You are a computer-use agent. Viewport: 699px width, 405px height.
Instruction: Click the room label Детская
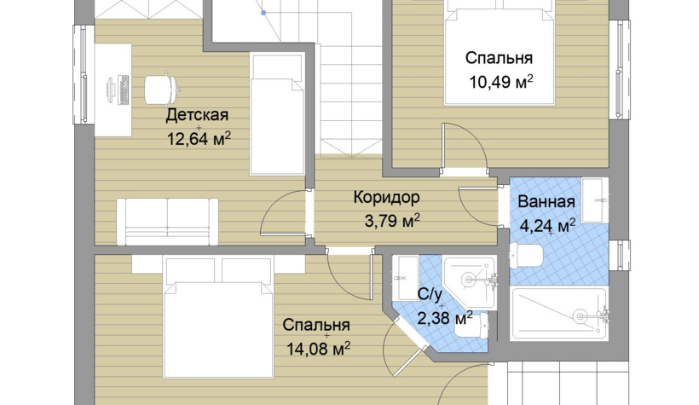click(x=197, y=115)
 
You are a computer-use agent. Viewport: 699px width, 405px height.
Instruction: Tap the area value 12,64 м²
click(x=199, y=139)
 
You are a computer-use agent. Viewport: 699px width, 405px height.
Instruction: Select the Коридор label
click(x=386, y=197)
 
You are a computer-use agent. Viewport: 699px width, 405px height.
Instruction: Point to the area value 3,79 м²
click(x=392, y=220)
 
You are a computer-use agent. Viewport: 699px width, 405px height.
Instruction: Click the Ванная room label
click(x=546, y=201)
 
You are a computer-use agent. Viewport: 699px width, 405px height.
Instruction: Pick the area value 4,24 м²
click(x=547, y=226)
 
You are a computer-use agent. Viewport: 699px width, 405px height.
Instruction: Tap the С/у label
click(x=430, y=294)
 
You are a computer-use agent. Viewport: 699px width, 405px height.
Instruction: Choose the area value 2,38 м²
click(x=445, y=319)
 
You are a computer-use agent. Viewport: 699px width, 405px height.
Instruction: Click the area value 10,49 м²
click(x=501, y=82)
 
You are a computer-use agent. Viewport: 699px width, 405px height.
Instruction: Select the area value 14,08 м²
click(x=318, y=349)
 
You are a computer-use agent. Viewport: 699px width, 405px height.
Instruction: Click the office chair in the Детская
click(x=162, y=90)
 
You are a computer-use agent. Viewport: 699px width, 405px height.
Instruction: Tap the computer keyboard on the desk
click(x=124, y=90)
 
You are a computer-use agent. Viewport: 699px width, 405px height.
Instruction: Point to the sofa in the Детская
click(x=168, y=222)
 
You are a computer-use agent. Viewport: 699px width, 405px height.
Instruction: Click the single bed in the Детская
click(x=277, y=114)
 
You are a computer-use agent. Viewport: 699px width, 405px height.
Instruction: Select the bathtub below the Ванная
click(x=560, y=314)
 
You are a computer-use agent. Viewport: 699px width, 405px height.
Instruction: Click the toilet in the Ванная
click(x=526, y=256)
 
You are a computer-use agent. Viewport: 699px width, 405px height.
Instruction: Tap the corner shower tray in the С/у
click(x=470, y=282)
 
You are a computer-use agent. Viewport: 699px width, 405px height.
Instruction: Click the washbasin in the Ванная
click(x=595, y=200)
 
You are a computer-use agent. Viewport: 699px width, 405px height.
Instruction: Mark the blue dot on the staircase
click(x=263, y=13)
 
